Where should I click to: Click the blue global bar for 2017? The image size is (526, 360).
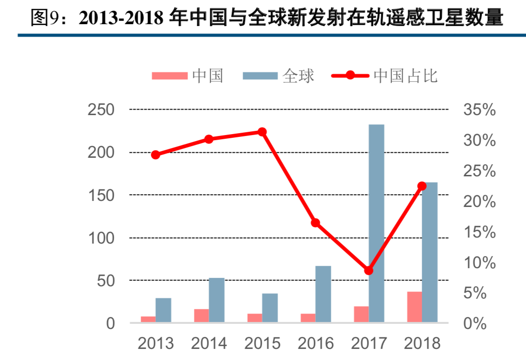pyautogui.click(x=376, y=223)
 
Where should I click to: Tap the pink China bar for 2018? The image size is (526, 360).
pyautogui.click(x=414, y=307)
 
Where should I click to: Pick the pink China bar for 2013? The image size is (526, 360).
pyautogui.click(x=148, y=319)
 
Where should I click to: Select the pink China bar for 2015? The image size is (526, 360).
pyautogui.click(x=255, y=318)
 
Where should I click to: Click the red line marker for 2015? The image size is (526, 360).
pyautogui.click(x=262, y=132)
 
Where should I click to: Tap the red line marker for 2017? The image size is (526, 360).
pyautogui.click(x=369, y=270)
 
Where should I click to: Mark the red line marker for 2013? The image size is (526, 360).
pyautogui.click(x=155, y=154)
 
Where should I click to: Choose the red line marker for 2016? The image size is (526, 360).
pyautogui.click(x=315, y=223)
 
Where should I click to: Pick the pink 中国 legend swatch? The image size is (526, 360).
pyautogui.click(x=169, y=76)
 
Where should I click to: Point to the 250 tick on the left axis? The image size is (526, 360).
pyautogui.click(x=101, y=110)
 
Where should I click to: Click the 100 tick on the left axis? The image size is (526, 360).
pyautogui.click(x=101, y=238)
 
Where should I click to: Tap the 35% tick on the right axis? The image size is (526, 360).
pyautogui.click(x=479, y=110)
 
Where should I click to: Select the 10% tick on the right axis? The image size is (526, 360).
pyautogui.click(x=479, y=263)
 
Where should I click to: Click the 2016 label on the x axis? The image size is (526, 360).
pyautogui.click(x=315, y=343)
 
